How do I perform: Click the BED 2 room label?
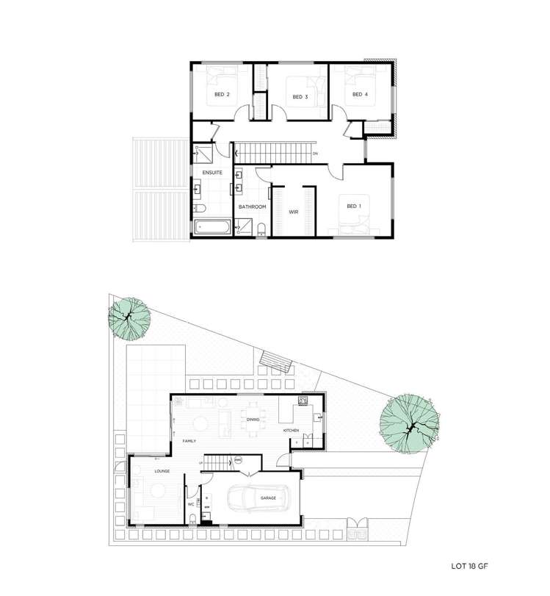pyautogui.click(x=222, y=95)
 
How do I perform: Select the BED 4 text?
pyautogui.click(x=359, y=95)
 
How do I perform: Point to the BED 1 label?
pyautogui.click(x=353, y=207)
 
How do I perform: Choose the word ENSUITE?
pyautogui.click(x=214, y=173)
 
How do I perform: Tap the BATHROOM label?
pyautogui.click(x=252, y=207)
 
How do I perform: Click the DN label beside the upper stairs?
pyautogui.click(x=315, y=154)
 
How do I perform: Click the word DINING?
pyautogui.click(x=253, y=420)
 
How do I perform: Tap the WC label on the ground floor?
pyautogui.click(x=190, y=505)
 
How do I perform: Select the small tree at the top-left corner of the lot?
pyautogui.click(x=130, y=317)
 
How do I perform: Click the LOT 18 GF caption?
pyautogui.click(x=473, y=567)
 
